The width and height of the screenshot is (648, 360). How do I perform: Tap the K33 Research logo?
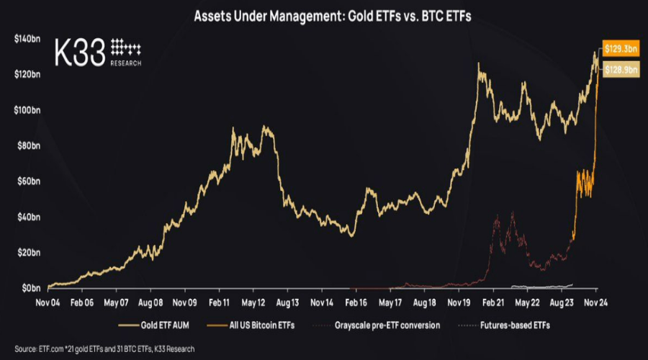point(98,52)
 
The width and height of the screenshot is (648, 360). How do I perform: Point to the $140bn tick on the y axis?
point(27,39)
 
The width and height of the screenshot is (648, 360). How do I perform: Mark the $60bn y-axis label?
point(28,181)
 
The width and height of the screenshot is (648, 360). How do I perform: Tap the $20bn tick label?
point(28,253)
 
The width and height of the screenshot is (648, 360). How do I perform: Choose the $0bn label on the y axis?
point(30,288)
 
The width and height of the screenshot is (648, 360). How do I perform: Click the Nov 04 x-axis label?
point(48,302)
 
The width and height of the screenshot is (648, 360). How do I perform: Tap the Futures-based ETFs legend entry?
point(508,325)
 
